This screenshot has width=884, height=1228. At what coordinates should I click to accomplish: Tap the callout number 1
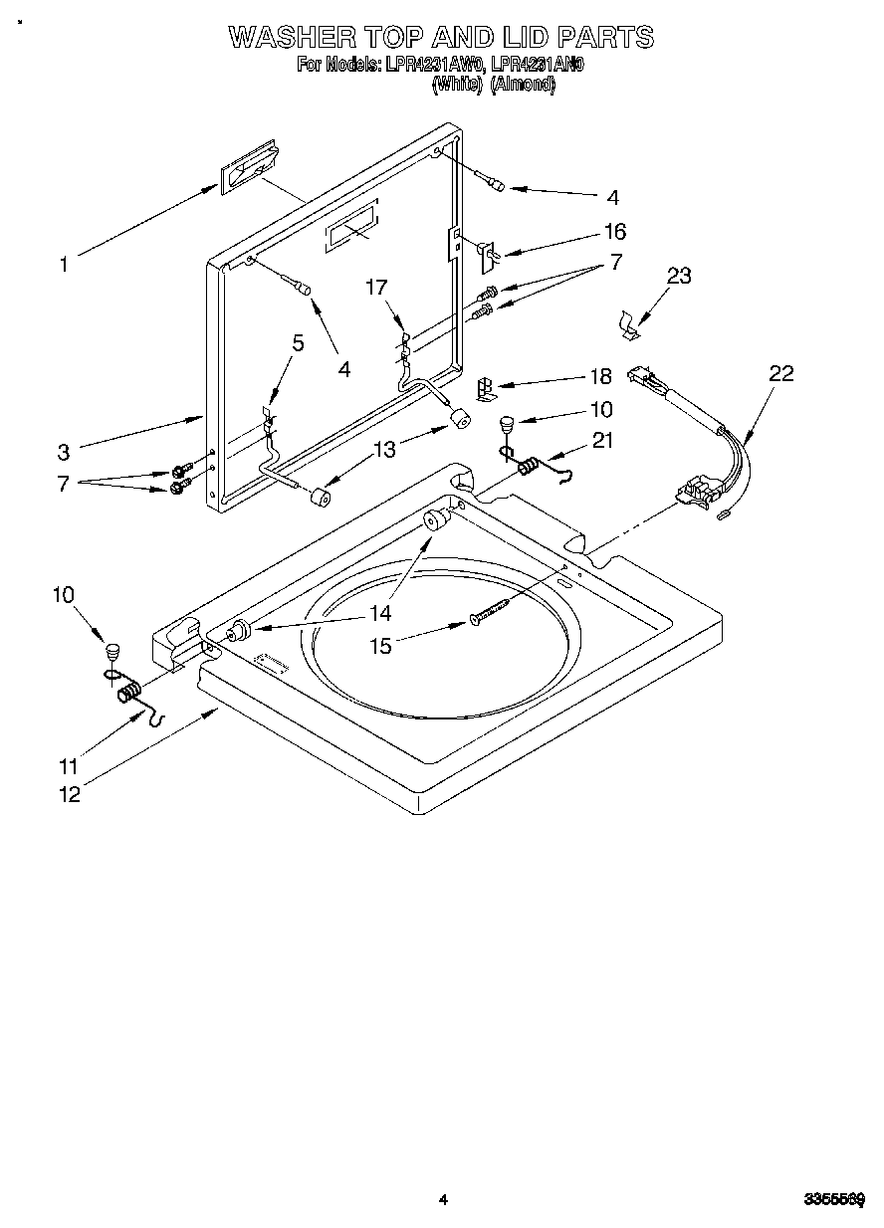64,265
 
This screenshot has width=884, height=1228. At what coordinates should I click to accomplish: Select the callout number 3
64,452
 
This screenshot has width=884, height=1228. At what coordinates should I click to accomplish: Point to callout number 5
298,344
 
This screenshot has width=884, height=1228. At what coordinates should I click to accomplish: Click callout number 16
615,232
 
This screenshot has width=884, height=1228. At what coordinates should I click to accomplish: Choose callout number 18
601,377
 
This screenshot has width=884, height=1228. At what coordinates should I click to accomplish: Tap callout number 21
603,441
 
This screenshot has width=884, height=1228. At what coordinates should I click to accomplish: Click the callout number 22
781,373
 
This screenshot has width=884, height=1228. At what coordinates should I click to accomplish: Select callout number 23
679,276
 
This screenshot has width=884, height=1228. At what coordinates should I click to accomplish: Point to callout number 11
69,767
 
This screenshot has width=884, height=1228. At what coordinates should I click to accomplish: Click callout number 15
381,645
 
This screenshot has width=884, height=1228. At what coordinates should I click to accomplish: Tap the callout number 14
381,613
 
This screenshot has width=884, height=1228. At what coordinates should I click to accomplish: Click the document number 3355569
834,1200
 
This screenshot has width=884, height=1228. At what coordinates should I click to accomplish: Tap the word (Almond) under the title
523,85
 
